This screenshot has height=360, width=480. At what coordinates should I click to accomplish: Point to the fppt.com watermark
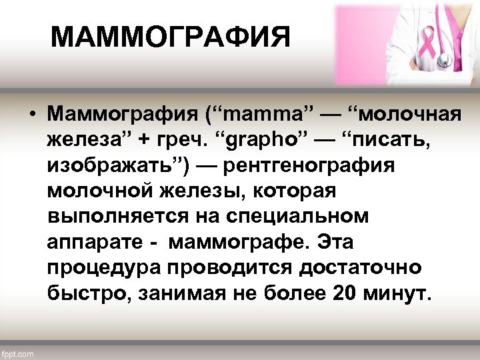18,353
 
